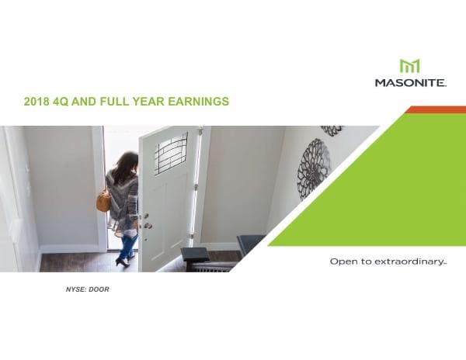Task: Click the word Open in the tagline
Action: (343, 262)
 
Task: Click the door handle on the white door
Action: (147, 225)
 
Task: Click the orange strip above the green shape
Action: (435, 110)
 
